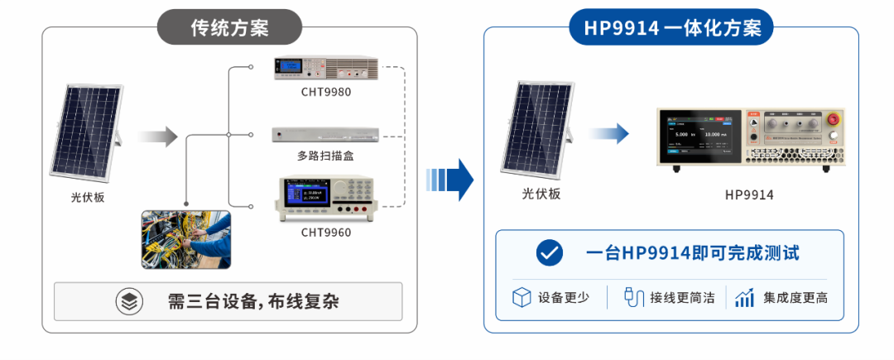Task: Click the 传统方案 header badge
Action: (x=230, y=26)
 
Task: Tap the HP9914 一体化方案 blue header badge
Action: (x=671, y=26)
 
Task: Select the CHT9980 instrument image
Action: (x=325, y=68)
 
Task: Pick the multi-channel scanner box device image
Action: (x=325, y=135)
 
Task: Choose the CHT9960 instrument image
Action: (x=325, y=199)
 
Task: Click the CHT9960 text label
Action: (x=326, y=233)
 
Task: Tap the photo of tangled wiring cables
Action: (x=186, y=239)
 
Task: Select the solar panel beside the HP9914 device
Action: (x=536, y=128)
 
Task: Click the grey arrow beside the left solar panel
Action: (x=158, y=137)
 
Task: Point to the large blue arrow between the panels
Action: (x=450, y=180)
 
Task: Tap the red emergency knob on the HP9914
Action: (x=833, y=119)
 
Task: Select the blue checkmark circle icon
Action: (x=550, y=253)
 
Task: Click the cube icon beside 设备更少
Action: (x=521, y=297)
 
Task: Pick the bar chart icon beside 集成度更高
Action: (x=745, y=297)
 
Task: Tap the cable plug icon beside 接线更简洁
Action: (x=633, y=297)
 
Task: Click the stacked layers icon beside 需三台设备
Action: (x=129, y=301)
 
